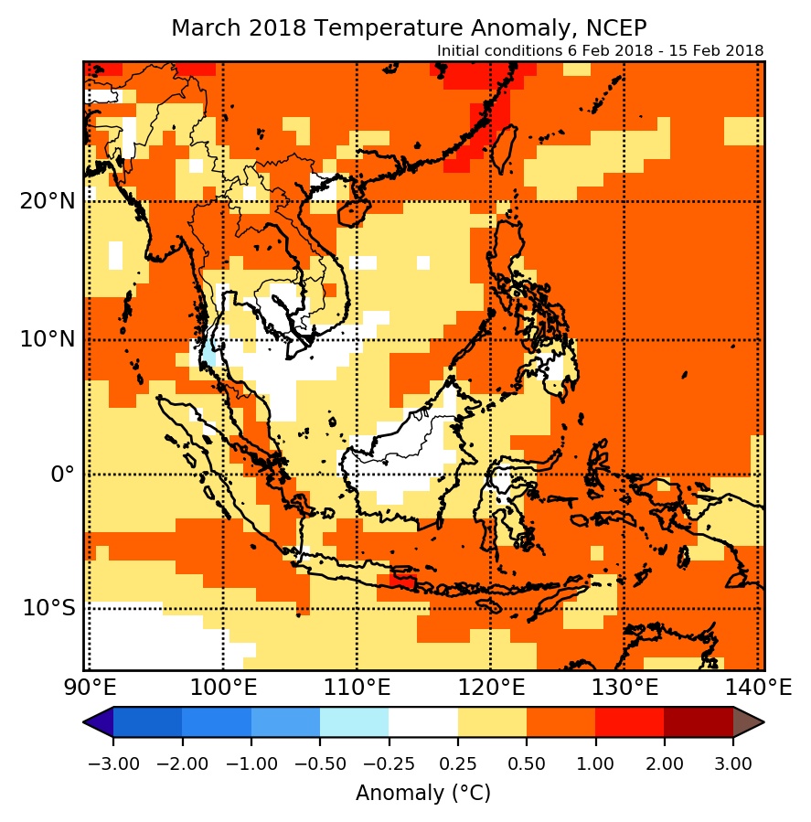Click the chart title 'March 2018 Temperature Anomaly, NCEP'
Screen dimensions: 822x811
(409, 27)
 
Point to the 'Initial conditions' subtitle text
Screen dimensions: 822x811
(600, 50)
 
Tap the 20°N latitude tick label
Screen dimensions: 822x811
(47, 201)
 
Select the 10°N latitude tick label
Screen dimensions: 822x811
(47, 338)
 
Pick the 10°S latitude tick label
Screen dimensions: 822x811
(48, 608)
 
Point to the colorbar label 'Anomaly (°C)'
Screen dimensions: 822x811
(423, 793)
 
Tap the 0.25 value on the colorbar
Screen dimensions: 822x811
(458, 763)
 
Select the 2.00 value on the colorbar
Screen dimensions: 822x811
(664, 763)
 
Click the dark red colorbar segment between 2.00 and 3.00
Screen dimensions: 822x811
(699, 722)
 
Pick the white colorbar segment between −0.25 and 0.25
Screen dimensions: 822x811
(423, 722)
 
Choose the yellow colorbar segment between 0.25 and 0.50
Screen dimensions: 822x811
(492, 722)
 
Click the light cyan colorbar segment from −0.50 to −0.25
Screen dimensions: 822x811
(355, 722)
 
